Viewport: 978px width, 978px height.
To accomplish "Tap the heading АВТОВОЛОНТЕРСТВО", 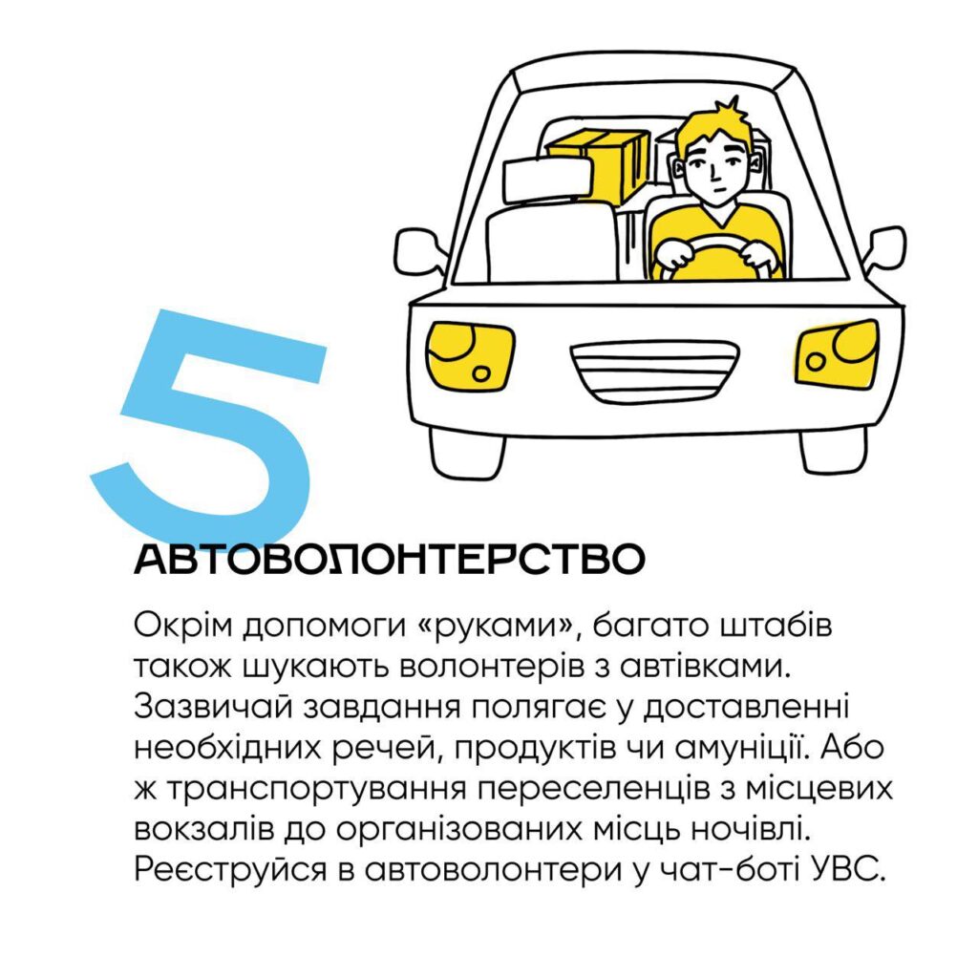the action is tap(390, 560).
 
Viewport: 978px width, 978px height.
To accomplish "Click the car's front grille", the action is tap(654, 371).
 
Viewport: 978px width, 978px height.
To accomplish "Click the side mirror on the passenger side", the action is tap(420, 252).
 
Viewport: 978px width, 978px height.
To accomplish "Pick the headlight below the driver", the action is tap(838, 352).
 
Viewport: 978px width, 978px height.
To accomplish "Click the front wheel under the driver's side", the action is tap(833, 451).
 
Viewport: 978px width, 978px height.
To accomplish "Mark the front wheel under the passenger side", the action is tap(467, 454).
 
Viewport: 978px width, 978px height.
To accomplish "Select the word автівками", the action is tap(704, 666).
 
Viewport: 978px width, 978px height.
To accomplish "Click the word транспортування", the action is tap(316, 790).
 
